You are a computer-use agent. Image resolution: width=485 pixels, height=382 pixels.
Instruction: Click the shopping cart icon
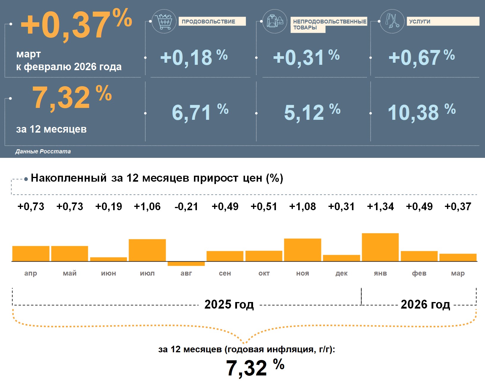(164, 21)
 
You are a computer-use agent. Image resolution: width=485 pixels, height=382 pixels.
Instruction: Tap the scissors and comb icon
(392, 21)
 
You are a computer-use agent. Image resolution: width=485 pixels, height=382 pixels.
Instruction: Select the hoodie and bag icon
(275, 21)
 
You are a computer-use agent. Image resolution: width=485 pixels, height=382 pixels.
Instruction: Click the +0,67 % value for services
(421, 57)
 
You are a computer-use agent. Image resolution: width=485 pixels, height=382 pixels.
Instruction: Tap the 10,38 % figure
(421, 112)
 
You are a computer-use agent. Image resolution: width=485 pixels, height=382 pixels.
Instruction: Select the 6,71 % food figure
(200, 112)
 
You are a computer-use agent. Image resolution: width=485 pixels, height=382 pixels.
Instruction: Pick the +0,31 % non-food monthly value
(306, 57)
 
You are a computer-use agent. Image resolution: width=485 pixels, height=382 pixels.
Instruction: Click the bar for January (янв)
(380, 247)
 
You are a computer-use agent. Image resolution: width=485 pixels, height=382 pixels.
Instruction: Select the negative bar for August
(186, 264)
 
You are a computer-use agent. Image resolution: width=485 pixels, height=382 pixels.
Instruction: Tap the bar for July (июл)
(147, 250)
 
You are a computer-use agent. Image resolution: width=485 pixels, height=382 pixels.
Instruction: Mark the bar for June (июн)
(108, 259)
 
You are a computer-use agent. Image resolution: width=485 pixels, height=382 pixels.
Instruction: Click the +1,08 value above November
(303, 206)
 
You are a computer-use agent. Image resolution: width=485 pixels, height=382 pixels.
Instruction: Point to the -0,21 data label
(186, 206)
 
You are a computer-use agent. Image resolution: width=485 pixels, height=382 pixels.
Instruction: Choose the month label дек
(342, 273)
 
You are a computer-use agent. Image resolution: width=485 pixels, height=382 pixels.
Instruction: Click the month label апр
(31, 273)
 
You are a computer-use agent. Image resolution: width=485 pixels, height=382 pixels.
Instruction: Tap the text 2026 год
(425, 304)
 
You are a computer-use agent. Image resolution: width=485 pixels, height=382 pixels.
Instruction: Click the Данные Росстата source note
(43, 151)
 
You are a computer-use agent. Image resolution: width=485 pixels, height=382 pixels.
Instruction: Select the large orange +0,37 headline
(76, 24)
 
